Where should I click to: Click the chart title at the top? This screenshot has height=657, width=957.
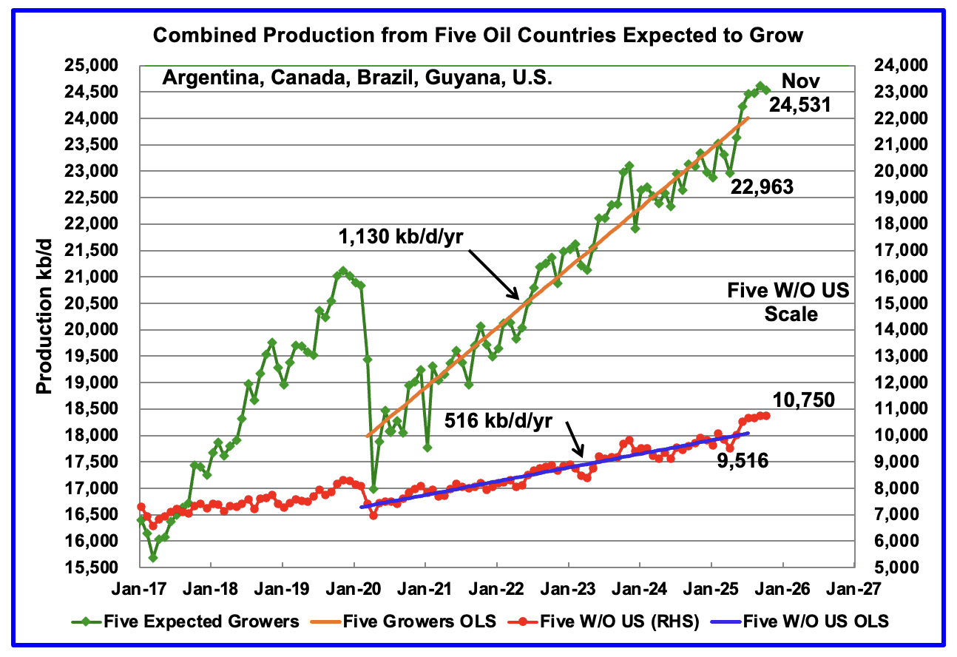click(478, 35)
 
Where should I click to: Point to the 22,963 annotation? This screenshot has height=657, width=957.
click(762, 188)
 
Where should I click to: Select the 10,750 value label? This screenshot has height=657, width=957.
click(804, 400)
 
